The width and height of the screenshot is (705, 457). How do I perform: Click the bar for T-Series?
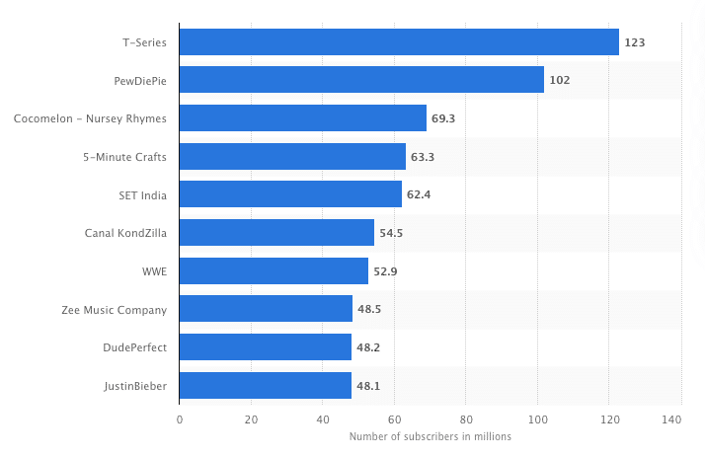tap(399, 42)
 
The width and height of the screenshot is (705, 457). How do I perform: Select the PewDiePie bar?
tap(361, 80)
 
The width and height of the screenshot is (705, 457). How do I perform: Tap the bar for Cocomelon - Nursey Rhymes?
tap(303, 118)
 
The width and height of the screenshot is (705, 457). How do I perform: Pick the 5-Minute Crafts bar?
tap(292, 156)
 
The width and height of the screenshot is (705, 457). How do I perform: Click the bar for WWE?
tap(274, 271)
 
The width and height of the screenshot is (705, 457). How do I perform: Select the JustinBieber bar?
tap(265, 386)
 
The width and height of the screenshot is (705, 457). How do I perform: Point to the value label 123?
tap(634, 42)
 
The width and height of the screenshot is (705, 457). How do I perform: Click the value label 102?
tap(560, 80)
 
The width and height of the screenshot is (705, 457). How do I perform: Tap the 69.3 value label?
tap(443, 118)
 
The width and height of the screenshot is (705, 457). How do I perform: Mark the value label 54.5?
tap(391, 233)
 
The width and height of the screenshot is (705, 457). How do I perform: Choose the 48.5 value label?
tap(369, 310)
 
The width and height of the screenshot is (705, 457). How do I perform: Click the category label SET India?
tap(142, 194)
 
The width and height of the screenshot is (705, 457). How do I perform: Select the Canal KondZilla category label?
tap(125, 233)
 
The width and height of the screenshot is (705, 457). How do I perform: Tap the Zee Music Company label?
tap(114, 310)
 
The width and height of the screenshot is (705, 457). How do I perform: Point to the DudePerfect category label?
tap(134, 347)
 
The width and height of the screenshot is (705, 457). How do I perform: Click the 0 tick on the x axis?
tap(180, 419)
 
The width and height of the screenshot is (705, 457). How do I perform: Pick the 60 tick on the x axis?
tap(394, 419)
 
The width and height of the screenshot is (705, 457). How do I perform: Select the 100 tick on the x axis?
tap(537, 419)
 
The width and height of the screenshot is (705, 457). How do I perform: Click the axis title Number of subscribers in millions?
tap(430, 437)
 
